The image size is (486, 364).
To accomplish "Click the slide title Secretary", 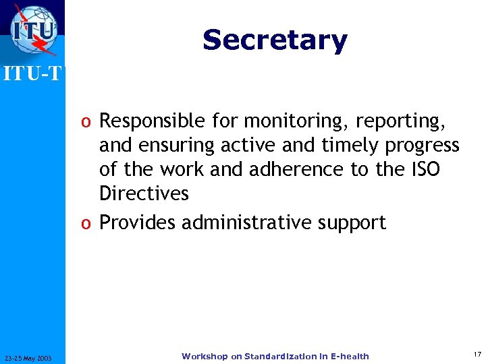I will point(275,40).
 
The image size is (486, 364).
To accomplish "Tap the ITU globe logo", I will point(33,30).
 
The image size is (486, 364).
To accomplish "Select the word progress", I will point(423,146).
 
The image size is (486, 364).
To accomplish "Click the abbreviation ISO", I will point(425,169).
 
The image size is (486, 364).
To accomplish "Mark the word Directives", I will point(144,193).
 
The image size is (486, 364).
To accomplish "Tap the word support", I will point(353,223).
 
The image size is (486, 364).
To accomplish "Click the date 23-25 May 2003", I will point(32,357).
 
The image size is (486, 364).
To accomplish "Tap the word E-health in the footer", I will point(348,356).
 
